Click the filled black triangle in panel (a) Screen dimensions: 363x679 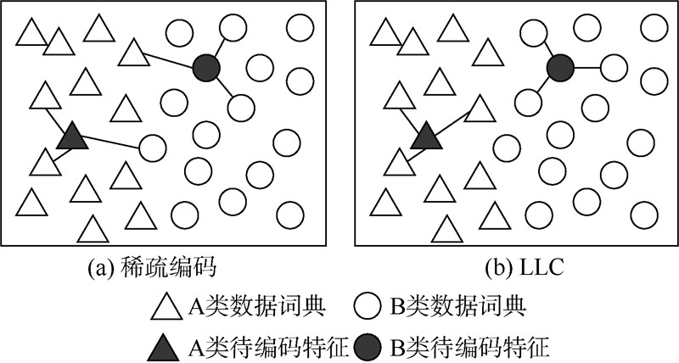click(x=72, y=137)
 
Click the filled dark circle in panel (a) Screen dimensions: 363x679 click(x=206, y=67)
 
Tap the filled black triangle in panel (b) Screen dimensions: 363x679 click(x=424, y=137)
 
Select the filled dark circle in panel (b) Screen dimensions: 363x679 click(x=559, y=67)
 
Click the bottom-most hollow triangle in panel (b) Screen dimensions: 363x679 click(x=446, y=230)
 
